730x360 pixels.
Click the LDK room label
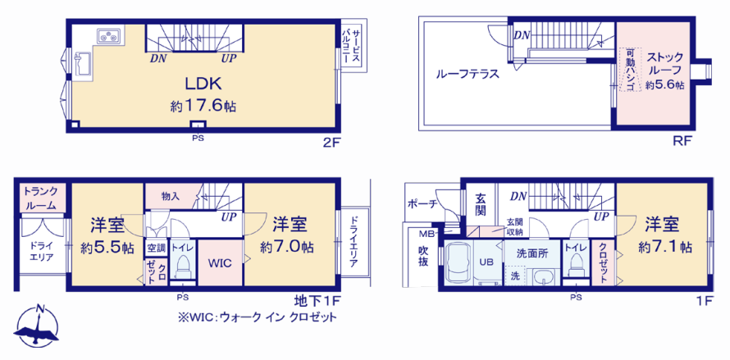pyautogui.click(x=203, y=84)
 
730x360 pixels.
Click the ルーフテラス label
pyautogui.click(x=468, y=74)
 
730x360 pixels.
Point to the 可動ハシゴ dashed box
pyautogui.click(x=630, y=70)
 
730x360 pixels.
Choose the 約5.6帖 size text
pyautogui.click(x=664, y=84)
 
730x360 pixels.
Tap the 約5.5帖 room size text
pyautogui.click(x=107, y=248)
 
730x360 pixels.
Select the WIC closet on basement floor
pyautogui.click(x=220, y=262)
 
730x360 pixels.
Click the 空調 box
pyautogui.click(x=157, y=248)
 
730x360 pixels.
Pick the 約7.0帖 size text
pyautogui.click(x=287, y=247)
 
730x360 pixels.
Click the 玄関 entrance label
pyautogui.click(x=481, y=205)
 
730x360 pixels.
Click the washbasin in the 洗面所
pyautogui.click(x=542, y=279)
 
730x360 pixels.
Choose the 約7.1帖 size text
pyautogui.click(x=664, y=247)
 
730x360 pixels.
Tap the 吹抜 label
pyautogui.click(x=424, y=256)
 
